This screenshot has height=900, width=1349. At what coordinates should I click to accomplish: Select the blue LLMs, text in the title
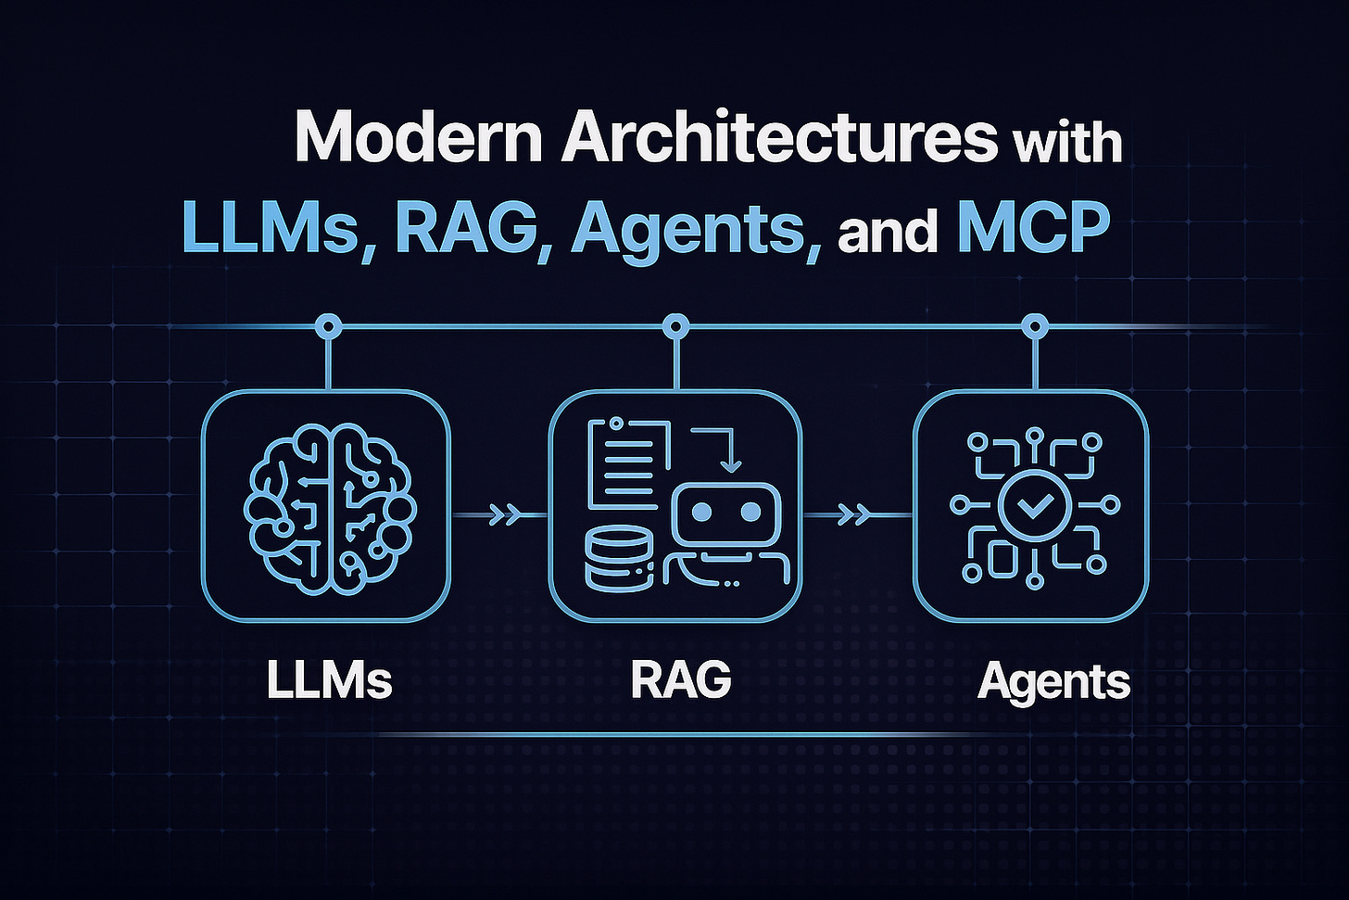point(270,227)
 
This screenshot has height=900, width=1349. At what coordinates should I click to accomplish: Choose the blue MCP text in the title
point(1033,227)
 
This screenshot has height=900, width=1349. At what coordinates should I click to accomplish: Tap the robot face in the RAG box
point(726,513)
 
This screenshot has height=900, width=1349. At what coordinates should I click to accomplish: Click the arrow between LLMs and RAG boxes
point(503,515)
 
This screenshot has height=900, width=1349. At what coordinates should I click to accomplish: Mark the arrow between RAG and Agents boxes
point(853,514)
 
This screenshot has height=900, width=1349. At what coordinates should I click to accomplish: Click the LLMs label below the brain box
point(329,680)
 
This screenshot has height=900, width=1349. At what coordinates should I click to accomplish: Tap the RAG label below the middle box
point(681,680)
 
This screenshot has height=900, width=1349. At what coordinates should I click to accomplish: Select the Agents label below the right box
point(1053,682)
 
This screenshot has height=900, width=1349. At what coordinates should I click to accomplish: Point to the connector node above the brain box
point(328,326)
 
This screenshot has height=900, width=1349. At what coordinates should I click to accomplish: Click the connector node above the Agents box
point(1034,326)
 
